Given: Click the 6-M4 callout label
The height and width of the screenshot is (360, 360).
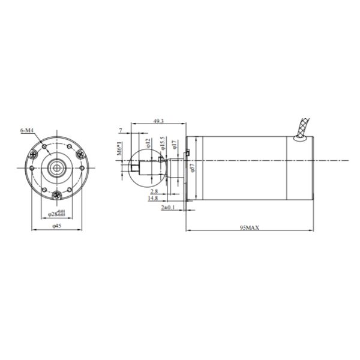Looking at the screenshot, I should tap(26, 130).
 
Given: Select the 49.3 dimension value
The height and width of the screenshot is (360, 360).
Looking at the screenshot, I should tap(159, 122).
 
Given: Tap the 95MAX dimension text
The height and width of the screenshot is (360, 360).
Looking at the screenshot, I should tap(248, 227).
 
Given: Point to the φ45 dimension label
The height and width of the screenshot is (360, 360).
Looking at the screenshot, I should tap(57, 226).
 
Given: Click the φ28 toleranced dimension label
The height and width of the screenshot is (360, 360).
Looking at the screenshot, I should tap(57, 213).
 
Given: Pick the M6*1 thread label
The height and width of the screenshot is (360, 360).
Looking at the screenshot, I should tap(119, 148).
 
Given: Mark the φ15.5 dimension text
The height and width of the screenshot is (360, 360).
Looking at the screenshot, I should tap(163, 144).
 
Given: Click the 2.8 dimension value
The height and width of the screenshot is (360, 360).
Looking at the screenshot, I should tap(154, 191).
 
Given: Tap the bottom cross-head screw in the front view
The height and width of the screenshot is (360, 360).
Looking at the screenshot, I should tap(56, 194).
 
